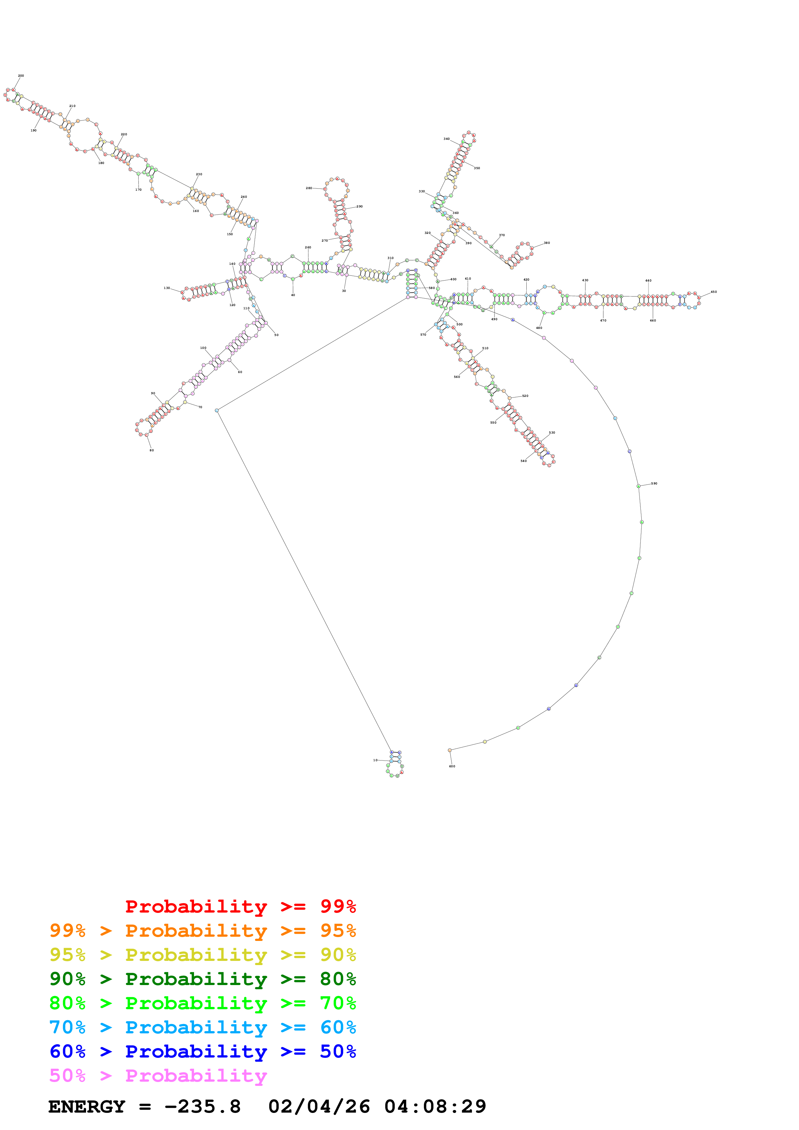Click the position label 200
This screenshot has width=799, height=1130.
[21, 76]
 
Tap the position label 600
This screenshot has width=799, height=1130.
[452, 766]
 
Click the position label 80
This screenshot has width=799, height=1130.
[151, 450]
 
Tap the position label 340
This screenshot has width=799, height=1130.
[446, 139]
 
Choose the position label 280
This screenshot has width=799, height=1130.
[309, 188]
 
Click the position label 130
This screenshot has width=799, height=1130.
[167, 288]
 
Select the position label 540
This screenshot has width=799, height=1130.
[523, 461]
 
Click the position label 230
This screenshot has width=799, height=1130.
[199, 174]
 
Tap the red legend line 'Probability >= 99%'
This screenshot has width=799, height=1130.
[240, 906]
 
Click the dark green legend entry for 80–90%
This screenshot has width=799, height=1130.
[203, 979]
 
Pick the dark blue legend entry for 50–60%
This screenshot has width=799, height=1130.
[203, 1051]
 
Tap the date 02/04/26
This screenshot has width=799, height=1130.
[319, 1106]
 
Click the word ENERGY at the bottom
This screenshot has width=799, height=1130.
[87, 1106]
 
